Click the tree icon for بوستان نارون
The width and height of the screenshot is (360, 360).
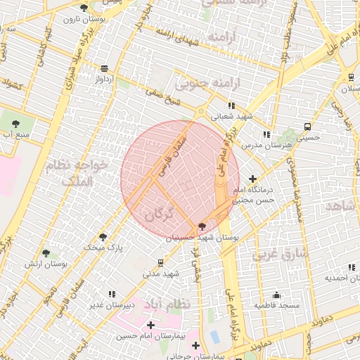pyautogui.click(x=84, y=8)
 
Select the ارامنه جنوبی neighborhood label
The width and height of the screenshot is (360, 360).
pyautogui.click(x=207, y=84)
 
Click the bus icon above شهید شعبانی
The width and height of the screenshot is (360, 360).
pyautogui.click(x=231, y=105)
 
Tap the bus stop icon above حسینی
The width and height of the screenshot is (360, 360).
pyautogui.click(x=308, y=127)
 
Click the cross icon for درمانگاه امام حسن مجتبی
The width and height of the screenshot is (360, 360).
pyautogui.click(x=252, y=179)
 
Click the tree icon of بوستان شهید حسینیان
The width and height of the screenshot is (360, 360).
pyautogui.click(x=203, y=226)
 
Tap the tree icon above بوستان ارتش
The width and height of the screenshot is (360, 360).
pyautogui.click(x=46, y=252)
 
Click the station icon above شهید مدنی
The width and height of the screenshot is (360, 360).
pyautogui.click(x=161, y=262)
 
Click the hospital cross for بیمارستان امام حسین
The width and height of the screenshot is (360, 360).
pyautogui.click(x=151, y=326)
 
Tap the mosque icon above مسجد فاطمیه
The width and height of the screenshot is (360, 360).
pyautogui.click(x=276, y=295)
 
